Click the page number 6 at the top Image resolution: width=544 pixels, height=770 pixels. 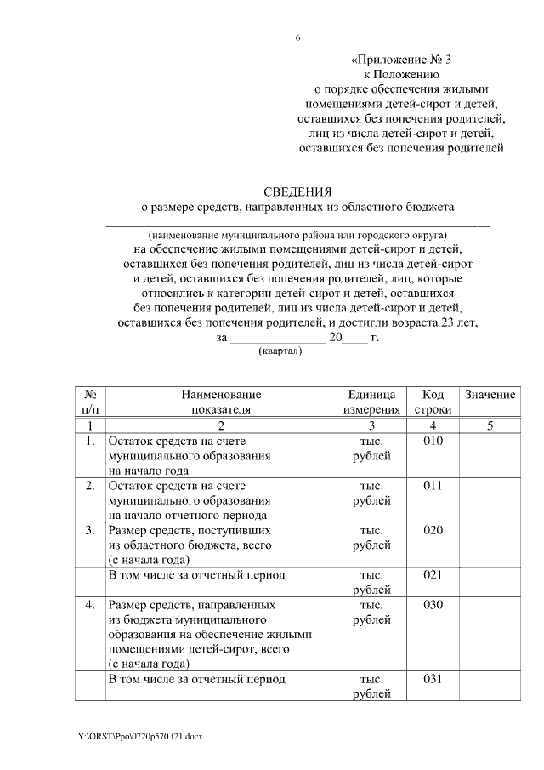[297, 38]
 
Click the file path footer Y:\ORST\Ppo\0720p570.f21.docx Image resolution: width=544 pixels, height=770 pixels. [141, 734]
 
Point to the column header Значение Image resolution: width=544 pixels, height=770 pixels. [490, 396]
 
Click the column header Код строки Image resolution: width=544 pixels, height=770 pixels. [433, 402]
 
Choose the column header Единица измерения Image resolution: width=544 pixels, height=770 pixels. [371, 402]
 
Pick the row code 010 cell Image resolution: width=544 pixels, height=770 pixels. [433, 441]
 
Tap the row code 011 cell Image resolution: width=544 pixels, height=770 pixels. [433, 486]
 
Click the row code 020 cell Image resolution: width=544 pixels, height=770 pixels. [433, 530]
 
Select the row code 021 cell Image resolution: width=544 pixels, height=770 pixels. [433, 575]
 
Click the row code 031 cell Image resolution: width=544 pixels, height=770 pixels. [433, 679]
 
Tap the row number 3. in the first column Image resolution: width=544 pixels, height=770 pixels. [90, 530]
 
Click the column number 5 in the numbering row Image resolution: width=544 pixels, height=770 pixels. [490, 425]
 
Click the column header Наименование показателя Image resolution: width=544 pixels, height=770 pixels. [220, 402]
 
